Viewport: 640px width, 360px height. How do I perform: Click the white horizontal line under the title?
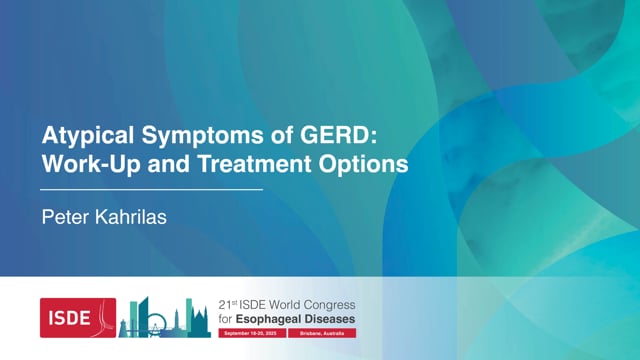pos(151,188)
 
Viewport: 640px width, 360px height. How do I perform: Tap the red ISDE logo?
pos(77,317)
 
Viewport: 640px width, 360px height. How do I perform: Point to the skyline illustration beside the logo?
pos(164,318)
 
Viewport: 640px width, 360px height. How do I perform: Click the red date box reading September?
pos(250,333)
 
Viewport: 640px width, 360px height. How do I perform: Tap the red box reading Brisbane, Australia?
pos(320,333)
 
